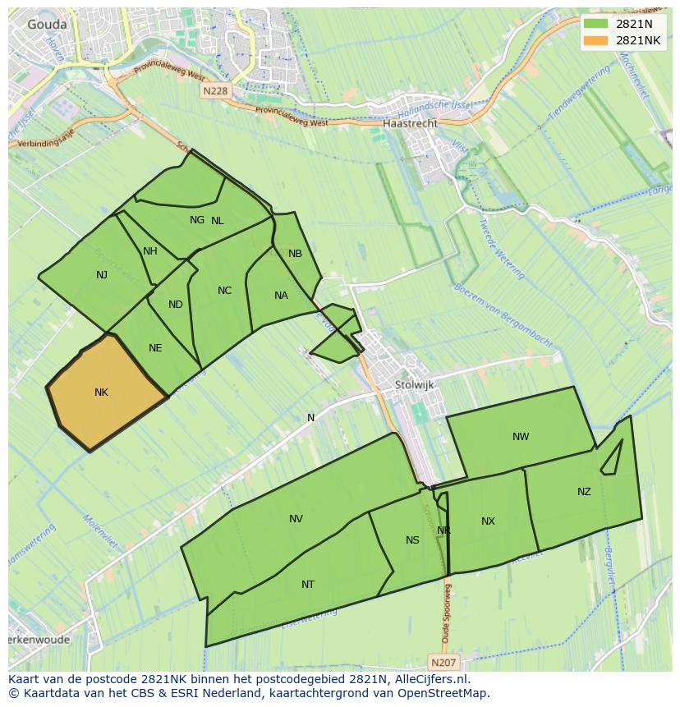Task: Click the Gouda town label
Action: point(47,25)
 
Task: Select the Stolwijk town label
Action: point(414,384)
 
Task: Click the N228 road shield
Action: point(214,91)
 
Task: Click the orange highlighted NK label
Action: point(101,393)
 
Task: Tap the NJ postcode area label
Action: point(102,275)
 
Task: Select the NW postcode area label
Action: point(521,437)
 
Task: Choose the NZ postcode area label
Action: point(584,492)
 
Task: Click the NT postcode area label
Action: point(308,585)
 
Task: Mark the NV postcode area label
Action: point(296,518)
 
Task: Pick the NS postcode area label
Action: point(412,539)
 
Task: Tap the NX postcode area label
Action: point(488,521)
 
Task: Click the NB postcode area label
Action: point(295,254)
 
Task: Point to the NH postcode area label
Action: point(149,251)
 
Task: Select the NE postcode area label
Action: point(155,348)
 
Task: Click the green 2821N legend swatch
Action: point(595,24)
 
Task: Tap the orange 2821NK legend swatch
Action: point(595,40)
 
